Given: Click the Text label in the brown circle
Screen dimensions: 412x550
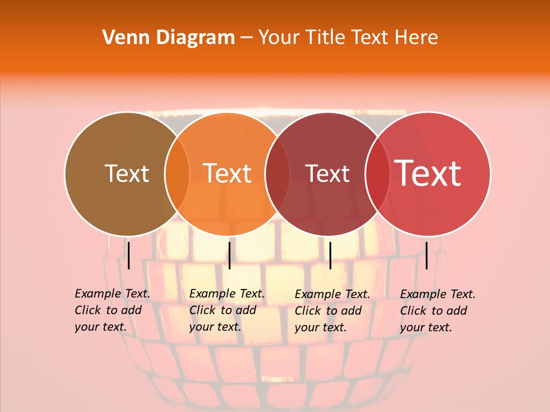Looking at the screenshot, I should tap(127, 173).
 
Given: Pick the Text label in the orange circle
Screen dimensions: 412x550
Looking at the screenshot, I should tap(227, 173).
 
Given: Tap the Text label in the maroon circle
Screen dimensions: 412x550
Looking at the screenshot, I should tap(327, 173).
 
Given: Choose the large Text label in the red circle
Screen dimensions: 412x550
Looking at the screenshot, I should tap(428, 173).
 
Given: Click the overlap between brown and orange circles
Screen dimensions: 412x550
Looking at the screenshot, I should tap(177, 174).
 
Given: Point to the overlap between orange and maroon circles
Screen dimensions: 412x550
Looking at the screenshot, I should tap(277, 174).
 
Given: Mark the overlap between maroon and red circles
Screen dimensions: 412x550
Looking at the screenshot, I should tap(378, 174).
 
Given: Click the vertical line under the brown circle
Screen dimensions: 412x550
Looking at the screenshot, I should tap(129, 255).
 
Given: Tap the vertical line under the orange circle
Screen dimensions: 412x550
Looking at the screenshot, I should tap(229, 255).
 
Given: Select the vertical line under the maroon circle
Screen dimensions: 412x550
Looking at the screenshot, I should tap(330, 255).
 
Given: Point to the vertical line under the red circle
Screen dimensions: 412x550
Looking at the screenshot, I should tap(426, 255).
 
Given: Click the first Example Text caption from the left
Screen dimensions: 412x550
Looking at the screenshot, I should tap(112, 310).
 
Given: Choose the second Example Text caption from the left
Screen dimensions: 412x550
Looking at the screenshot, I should tap(226, 310).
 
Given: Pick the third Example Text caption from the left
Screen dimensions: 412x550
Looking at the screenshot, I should tap(332, 311).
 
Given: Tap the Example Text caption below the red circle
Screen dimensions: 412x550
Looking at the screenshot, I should tap(437, 311).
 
